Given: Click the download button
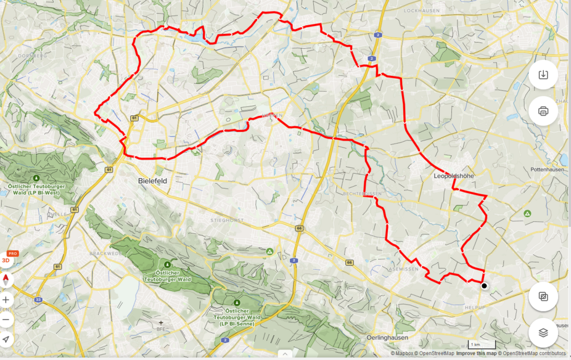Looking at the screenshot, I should pyautogui.click(x=543, y=75).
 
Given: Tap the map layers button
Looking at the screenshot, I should pyautogui.click(x=543, y=332).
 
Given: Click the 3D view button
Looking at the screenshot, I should pyautogui.click(x=6, y=260).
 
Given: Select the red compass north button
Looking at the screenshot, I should pyautogui.click(x=6, y=280).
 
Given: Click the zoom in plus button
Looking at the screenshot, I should pyautogui.click(x=6, y=300).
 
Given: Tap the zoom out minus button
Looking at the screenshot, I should pyautogui.click(x=6, y=319).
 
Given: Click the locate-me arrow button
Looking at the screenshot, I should pyautogui.click(x=6, y=339).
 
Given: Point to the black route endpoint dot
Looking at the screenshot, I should pyautogui.click(x=484, y=285).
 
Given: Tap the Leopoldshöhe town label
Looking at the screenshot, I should pyautogui.click(x=453, y=176).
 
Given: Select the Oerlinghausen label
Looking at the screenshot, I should pyautogui.click(x=388, y=338).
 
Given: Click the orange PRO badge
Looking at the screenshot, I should pyautogui.click(x=12, y=253).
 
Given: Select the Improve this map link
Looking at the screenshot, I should pyautogui.click(x=475, y=354).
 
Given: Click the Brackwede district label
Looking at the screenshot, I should pyautogui.click(x=102, y=253).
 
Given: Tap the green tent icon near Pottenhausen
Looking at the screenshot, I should pyautogui.click(x=527, y=213).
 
